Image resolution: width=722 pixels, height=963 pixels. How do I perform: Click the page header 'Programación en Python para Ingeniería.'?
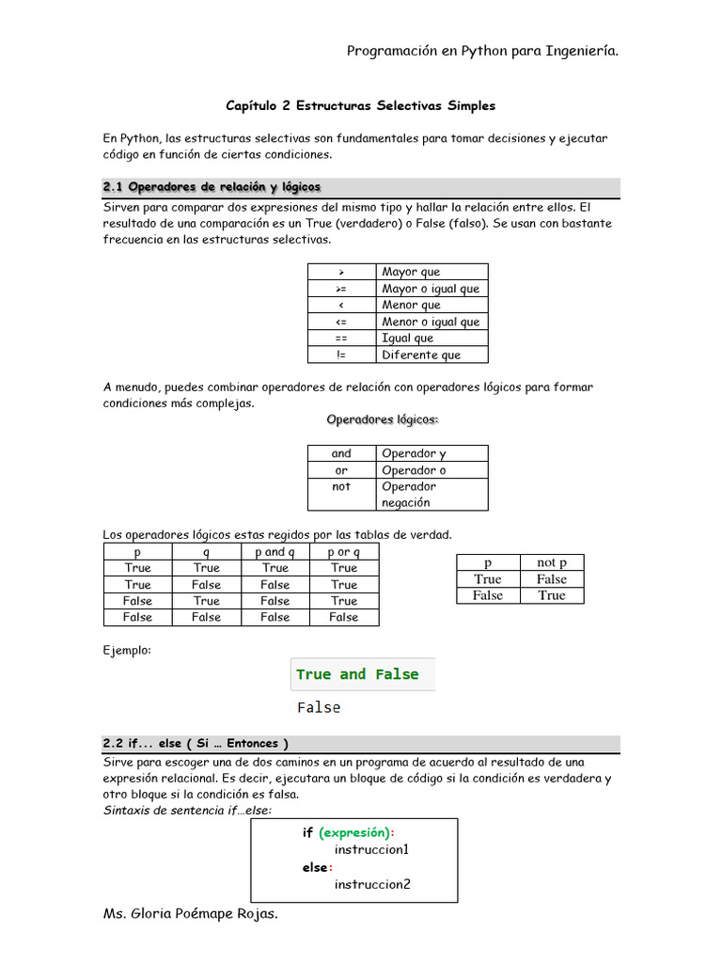[x=482, y=51]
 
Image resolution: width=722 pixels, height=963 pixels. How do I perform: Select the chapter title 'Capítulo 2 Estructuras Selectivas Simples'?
[x=361, y=106]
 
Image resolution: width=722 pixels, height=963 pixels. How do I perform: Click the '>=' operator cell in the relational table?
[x=341, y=289]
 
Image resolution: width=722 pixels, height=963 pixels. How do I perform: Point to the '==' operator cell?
[x=341, y=338]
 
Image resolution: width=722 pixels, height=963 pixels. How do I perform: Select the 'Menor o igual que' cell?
[x=431, y=322]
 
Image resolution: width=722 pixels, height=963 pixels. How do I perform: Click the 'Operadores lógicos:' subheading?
[x=383, y=419]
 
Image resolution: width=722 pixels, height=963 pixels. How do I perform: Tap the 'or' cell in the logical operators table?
[x=341, y=470]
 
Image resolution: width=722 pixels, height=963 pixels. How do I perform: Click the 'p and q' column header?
[x=275, y=552]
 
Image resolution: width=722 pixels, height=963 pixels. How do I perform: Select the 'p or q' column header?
[x=344, y=552]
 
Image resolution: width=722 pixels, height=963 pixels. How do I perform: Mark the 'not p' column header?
[x=552, y=562]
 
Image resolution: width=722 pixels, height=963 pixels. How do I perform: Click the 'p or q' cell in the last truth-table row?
[x=344, y=617]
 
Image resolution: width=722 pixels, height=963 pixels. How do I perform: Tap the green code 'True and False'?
[x=357, y=674]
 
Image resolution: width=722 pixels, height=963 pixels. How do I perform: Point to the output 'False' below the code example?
[x=319, y=707]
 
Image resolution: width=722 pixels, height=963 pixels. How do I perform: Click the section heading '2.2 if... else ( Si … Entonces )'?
[x=196, y=743]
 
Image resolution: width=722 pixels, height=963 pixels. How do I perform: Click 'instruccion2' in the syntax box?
[x=372, y=884]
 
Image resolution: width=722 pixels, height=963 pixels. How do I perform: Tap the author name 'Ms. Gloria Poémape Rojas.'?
[x=191, y=913]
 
